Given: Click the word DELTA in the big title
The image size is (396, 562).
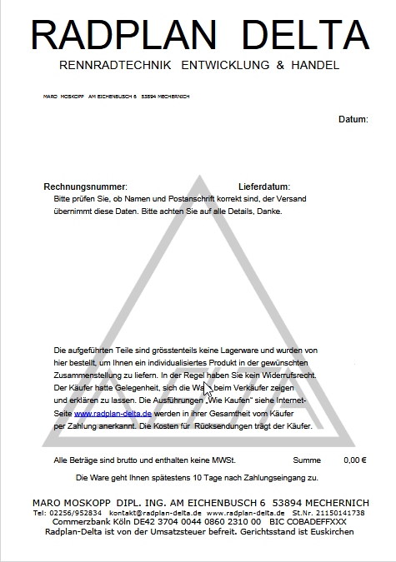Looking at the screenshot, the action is pyautogui.click(x=303, y=34).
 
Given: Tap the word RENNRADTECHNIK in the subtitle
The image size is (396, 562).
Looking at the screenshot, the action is pyautogui.click(x=116, y=65).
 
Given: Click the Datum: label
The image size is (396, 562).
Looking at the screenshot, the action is pyautogui.click(x=353, y=120).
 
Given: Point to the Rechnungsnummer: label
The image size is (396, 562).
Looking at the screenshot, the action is pyautogui.click(x=85, y=187).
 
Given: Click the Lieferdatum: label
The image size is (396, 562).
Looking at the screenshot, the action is pyautogui.click(x=264, y=187).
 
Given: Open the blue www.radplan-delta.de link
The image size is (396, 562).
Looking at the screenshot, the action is pyautogui.click(x=113, y=413).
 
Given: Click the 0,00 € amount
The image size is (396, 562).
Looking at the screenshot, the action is pyautogui.click(x=355, y=460).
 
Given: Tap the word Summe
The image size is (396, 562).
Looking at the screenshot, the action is pyautogui.click(x=307, y=460).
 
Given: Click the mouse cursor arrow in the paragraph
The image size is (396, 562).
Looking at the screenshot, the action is pyautogui.click(x=208, y=390).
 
